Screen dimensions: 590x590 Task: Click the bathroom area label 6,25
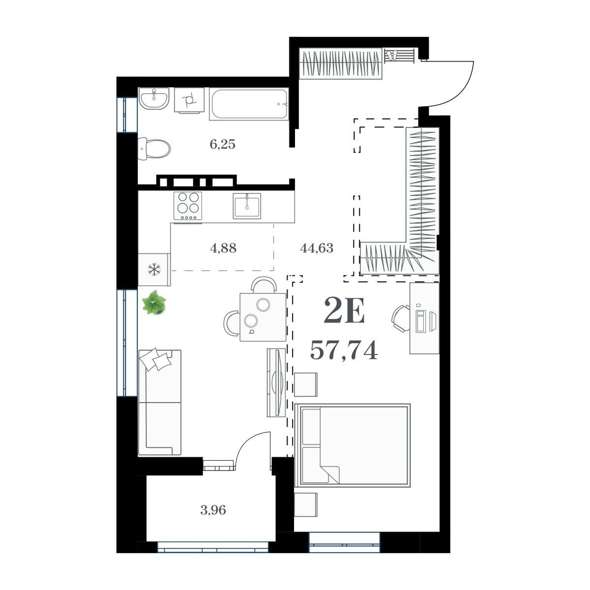coord(222,144)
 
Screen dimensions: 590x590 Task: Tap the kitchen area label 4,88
coord(223,248)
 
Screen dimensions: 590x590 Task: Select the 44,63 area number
coord(317,248)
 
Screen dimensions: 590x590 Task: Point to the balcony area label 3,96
coord(213,510)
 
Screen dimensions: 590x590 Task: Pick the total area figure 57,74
coord(344,351)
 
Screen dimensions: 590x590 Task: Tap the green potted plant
coord(154,303)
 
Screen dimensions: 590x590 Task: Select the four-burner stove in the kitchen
coord(188,206)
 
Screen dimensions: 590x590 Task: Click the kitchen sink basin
coord(247,206)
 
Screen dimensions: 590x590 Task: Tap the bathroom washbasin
coord(154,98)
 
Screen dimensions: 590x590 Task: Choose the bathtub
coord(249,104)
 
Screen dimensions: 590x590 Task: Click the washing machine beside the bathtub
coord(189,100)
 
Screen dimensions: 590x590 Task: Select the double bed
coord(353,446)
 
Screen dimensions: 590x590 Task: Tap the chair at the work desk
coord(401,319)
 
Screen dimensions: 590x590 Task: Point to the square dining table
coord(263,317)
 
